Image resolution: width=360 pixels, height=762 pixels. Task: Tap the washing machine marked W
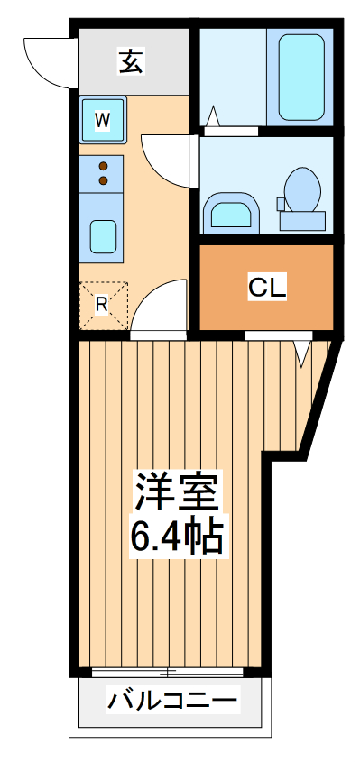[104, 119]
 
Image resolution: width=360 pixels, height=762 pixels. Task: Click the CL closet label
[267, 288]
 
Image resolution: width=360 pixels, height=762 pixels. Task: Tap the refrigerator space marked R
[103, 305]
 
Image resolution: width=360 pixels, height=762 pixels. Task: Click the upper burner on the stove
[103, 166]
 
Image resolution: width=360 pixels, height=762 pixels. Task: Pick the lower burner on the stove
[103, 180]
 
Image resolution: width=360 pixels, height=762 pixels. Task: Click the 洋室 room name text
[177, 493]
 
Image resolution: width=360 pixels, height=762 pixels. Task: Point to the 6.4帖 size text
[177, 538]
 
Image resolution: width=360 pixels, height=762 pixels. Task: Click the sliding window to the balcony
[167, 672]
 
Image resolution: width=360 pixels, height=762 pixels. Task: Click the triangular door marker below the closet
[302, 353]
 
